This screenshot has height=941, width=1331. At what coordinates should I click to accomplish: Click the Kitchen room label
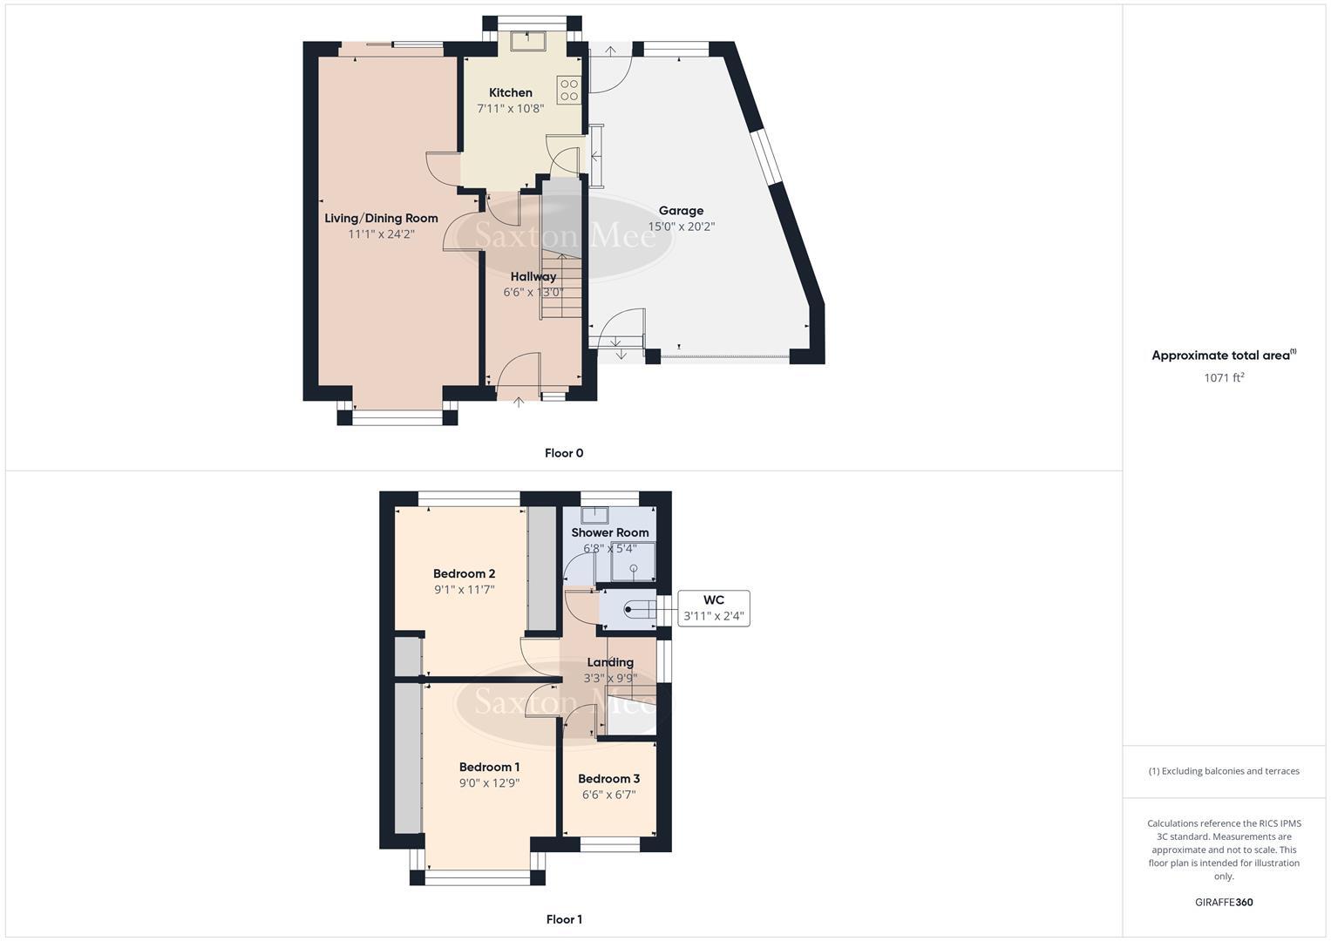pos(510,92)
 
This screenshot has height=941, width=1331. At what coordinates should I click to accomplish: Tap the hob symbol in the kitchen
pos(568,90)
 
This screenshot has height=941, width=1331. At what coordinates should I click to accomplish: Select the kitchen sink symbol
pos(528,39)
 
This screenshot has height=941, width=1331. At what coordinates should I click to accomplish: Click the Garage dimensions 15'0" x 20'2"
pos(681,227)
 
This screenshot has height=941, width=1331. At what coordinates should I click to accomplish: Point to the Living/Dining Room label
pos(381,218)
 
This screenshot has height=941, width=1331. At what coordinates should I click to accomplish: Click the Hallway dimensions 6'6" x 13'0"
pos(533,293)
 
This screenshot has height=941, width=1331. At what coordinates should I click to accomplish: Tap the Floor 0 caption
pos(564,453)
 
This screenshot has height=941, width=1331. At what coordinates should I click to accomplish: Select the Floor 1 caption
pos(564,919)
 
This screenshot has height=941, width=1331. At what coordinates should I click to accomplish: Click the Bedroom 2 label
pos(464,573)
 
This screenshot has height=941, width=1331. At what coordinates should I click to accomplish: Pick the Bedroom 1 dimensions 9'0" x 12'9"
pos(489,783)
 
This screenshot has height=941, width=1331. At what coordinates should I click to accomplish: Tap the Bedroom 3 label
pos(608,779)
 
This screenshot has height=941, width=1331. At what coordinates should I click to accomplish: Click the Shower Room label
pos(609,532)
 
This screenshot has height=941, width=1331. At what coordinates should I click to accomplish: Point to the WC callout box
pos(713,608)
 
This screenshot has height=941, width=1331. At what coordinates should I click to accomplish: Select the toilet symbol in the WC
pos(637,609)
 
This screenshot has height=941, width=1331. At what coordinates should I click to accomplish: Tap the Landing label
pos(610,662)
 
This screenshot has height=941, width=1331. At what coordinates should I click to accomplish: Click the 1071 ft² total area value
pos(1224,377)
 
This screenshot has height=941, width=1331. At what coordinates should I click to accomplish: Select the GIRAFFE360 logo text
pos(1224,902)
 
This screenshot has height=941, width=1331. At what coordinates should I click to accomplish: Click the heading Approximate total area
pos(1222,355)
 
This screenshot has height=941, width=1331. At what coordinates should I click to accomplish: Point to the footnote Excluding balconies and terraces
pos(1224,771)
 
